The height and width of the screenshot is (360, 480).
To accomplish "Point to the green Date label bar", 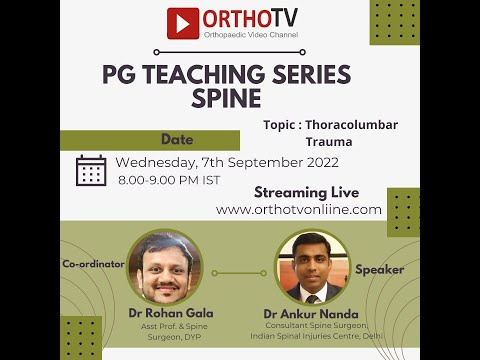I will coord(176,140).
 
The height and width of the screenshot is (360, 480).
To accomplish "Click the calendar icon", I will coord(91,170).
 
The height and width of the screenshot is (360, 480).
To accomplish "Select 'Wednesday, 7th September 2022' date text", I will coord(226,163).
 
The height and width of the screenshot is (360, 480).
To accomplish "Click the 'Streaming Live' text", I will coord(305,192).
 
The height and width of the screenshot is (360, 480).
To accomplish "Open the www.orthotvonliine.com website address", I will coord(299,210).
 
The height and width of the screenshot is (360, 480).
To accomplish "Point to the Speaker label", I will coord(380,269).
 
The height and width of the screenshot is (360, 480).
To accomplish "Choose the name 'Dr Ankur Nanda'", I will coord(311,313).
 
